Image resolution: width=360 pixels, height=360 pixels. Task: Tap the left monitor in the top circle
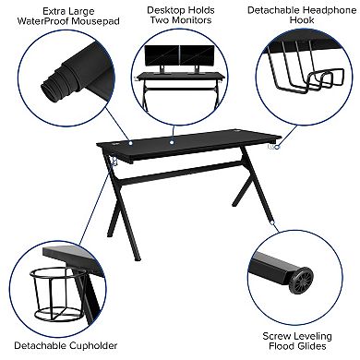coord(169,54)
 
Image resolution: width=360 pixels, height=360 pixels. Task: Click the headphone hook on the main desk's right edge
coord(274,148)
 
